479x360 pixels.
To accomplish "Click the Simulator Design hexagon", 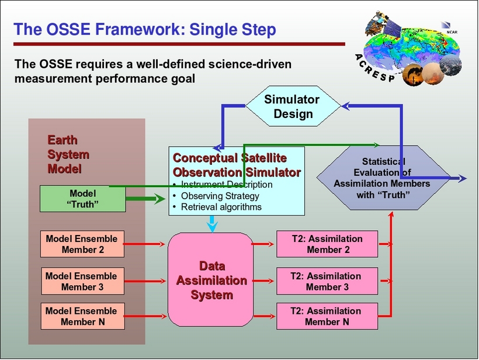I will pyautogui.click(x=293, y=106).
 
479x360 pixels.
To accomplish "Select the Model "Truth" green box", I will pyautogui.click(x=82, y=199).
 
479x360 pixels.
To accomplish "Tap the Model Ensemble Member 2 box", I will pyautogui.click(x=82, y=244).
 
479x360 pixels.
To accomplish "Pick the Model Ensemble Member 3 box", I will pyautogui.click(x=82, y=281).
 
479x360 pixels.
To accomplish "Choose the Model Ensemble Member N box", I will pyautogui.click(x=82, y=316).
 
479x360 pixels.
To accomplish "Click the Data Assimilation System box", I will pyautogui.click(x=211, y=281).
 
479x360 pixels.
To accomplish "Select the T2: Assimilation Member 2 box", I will pyautogui.click(x=327, y=244).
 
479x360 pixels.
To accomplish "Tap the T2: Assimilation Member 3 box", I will pyautogui.click(x=327, y=281).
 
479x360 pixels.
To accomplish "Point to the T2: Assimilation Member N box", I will pyautogui.click(x=327, y=316).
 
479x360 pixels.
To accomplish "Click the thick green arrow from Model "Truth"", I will pyautogui.click(x=146, y=199).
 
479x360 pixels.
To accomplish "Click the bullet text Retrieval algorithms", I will pyautogui.click(x=221, y=207).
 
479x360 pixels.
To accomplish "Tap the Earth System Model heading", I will pyautogui.click(x=68, y=155).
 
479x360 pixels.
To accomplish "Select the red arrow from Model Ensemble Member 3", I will pyautogui.click(x=146, y=281).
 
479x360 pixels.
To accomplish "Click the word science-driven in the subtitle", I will pyautogui.click(x=248, y=64).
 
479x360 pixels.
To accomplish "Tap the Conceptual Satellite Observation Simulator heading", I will pyautogui.click(x=237, y=165).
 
